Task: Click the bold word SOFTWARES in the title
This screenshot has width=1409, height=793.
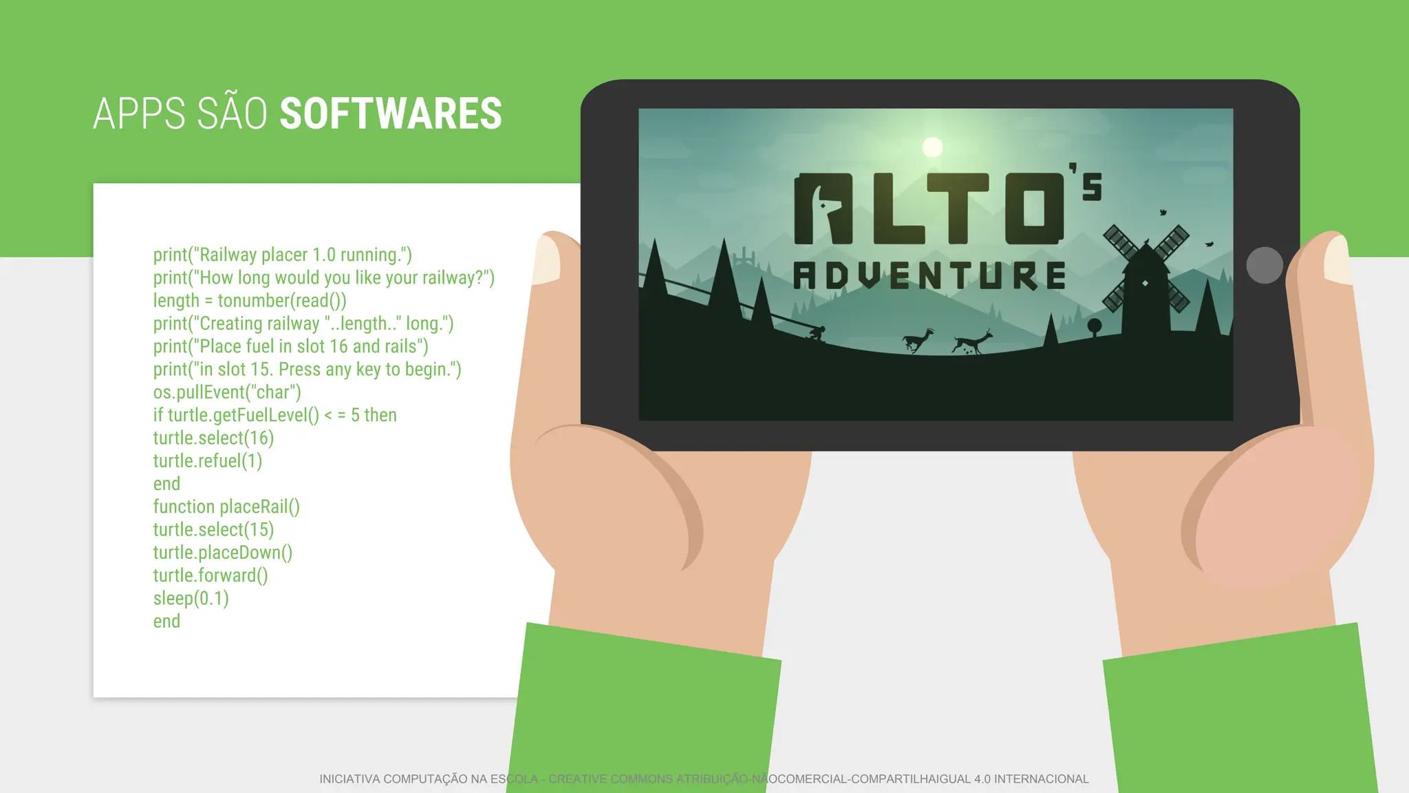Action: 391,114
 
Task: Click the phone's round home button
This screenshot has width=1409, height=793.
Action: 1265,265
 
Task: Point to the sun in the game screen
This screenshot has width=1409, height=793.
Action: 932,147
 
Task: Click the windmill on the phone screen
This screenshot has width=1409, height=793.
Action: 1146,275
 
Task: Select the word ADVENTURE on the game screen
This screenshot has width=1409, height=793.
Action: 929,275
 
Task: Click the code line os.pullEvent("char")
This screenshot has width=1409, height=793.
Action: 227,392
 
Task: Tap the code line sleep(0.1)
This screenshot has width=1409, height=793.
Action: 191,598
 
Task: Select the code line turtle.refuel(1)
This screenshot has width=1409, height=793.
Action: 207,461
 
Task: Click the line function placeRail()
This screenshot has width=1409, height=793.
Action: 226,507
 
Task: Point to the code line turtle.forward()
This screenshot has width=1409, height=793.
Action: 210,575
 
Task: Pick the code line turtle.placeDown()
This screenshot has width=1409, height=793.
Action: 222,553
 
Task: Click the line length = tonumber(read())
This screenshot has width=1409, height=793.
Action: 249,301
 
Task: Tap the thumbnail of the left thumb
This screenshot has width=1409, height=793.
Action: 547,260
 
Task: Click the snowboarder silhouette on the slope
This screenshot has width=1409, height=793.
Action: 817,334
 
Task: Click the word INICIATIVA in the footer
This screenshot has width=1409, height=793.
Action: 349,779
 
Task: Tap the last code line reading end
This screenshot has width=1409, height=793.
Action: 166,622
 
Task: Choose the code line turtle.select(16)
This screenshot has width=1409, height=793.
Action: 213,438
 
